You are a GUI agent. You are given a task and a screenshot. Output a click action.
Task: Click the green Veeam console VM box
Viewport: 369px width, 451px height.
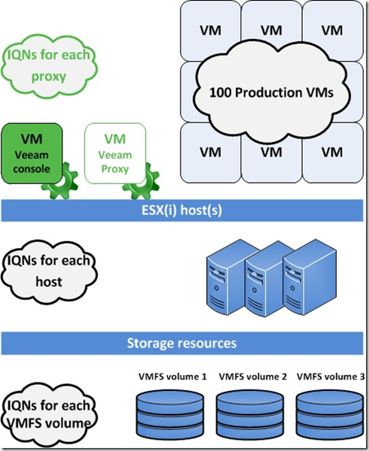point(32,153)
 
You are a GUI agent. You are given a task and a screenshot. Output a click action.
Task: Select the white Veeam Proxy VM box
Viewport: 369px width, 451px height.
point(115,153)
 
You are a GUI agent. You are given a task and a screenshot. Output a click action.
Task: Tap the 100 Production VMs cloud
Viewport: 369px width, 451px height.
point(271,92)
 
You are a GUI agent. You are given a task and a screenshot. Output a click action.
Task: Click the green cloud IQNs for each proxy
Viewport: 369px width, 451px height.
point(49,65)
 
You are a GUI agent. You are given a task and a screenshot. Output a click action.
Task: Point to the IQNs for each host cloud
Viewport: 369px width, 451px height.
point(49,271)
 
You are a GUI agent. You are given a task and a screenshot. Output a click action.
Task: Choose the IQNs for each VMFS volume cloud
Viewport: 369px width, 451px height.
point(49,414)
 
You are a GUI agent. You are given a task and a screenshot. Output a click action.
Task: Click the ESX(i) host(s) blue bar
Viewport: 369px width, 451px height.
point(182,210)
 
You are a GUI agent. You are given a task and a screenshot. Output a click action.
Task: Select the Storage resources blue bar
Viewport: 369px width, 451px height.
point(182,344)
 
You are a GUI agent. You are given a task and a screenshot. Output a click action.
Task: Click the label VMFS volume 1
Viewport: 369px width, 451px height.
point(173,377)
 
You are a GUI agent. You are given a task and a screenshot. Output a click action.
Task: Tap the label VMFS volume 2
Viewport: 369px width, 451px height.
point(253,377)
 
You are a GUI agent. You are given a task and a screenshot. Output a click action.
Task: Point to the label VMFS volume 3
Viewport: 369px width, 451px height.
point(331,377)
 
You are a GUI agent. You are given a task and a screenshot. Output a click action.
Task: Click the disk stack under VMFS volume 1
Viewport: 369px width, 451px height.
point(170,414)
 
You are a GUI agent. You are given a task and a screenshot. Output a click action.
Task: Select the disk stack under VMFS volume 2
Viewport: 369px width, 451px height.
point(250,414)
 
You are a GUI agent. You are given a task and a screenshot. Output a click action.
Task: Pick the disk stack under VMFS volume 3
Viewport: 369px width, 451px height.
point(330,414)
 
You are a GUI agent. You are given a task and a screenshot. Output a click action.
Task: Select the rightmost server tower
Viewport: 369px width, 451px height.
point(309,276)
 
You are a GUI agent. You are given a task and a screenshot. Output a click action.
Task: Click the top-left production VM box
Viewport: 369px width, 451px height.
point(210,31)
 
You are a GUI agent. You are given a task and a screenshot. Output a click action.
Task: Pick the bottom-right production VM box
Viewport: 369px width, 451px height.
point(332,153)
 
